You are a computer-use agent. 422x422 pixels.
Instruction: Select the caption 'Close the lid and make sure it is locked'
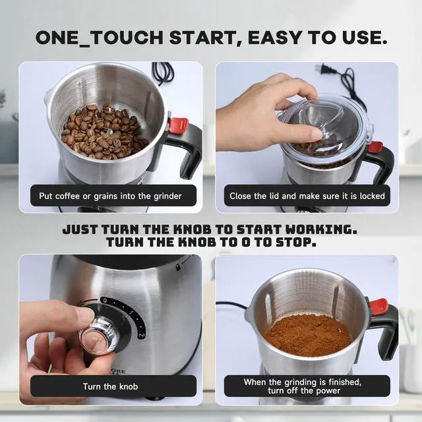tap(307, 196)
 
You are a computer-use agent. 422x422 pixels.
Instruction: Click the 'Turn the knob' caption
tap(111, 386)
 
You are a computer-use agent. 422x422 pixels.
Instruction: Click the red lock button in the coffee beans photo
tap(178, 125)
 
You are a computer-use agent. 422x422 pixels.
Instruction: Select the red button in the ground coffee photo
tap(378, 306)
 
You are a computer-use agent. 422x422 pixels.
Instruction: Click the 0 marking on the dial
tap(104, 300)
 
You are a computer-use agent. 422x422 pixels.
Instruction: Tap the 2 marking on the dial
tap(141, 334)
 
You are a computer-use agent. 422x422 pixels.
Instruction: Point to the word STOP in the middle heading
tap(297, 243)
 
